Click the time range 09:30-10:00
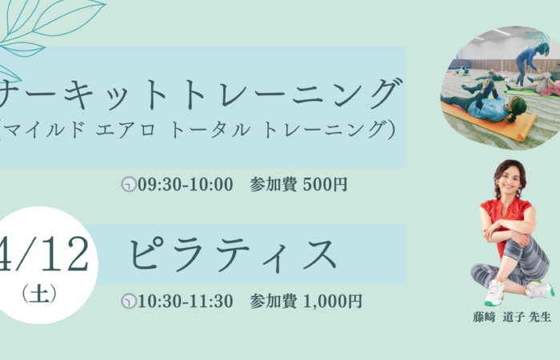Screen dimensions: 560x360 [186, 185]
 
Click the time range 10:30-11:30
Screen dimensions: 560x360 [186, 301]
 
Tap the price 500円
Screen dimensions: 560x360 [325, 185]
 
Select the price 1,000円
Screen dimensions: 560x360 [333, 302]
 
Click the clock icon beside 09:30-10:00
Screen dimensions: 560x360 [129, 185]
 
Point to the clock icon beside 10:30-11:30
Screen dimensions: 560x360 [129, 301]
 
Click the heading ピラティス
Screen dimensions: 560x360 [233, 254]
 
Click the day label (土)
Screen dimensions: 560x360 [39, 294]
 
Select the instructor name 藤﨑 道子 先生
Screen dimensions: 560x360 [512, 317]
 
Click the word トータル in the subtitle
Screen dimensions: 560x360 [210, 130]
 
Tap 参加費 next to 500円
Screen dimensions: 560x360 [274, 185]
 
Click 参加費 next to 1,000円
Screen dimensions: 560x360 [274, 301]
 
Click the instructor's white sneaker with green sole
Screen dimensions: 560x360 [495, 292]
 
